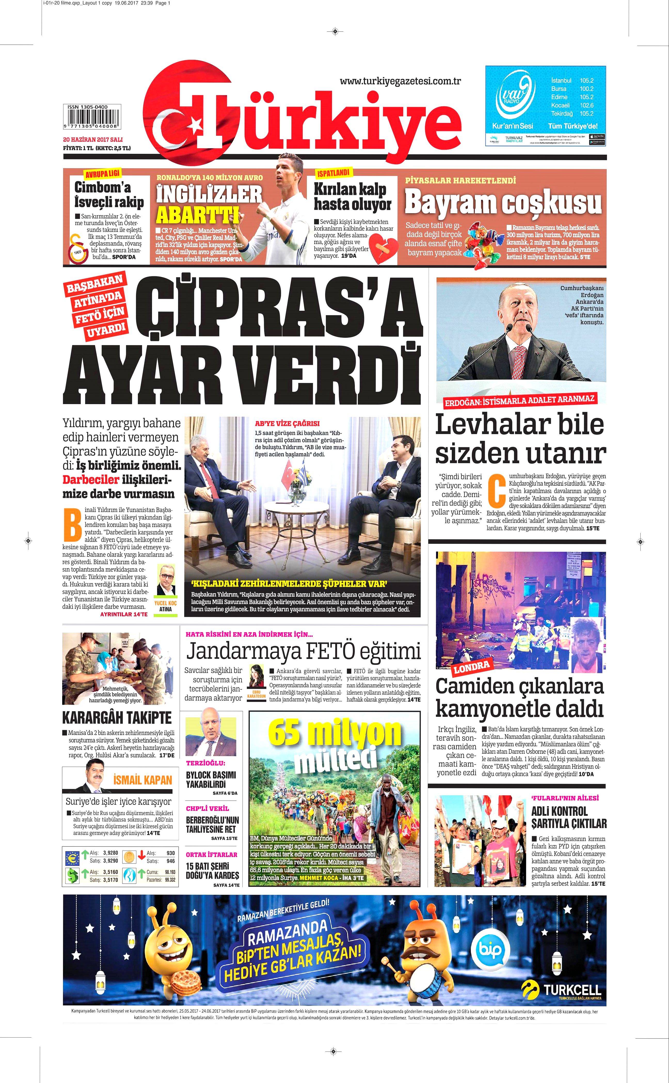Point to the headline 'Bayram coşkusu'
pos(503,203)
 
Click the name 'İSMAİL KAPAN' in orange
pos(142,779)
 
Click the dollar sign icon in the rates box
pos(72,874)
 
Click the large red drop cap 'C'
pos(496,490)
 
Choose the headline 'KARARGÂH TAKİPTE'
pos(117,717)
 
